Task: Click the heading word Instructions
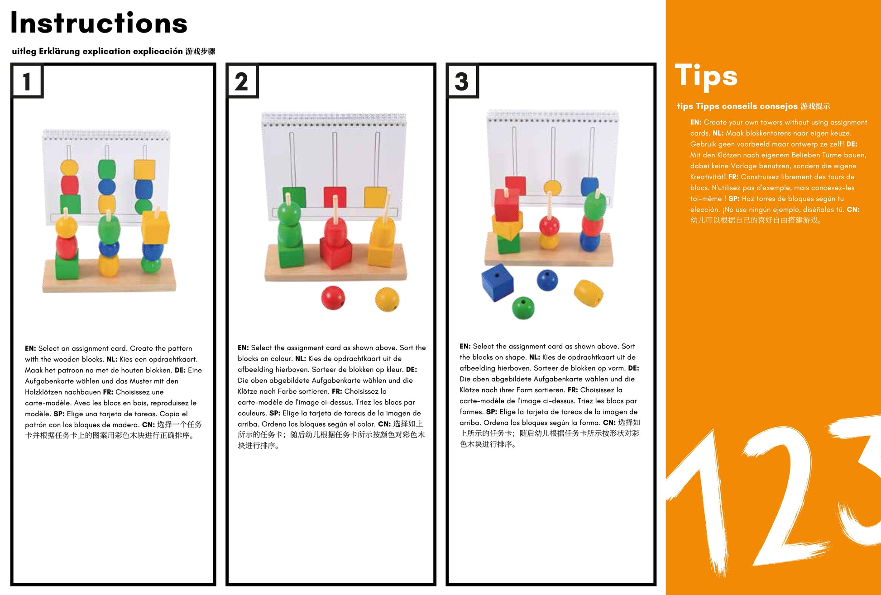click(x=99, y=23)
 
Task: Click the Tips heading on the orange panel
click(x=706, y=76)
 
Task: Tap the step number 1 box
click(x=27, y=81)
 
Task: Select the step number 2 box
click(x=242, y=81)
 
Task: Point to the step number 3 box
click(x=462, y=81)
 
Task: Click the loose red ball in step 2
click(x=333, y=298)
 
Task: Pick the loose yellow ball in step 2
click(x=387, y=300)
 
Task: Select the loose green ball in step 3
click(x=523, y=308)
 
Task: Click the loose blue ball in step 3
click(x=547, y=280)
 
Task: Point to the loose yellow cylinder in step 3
click(x=589, y=293)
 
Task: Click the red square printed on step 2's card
click(x=335, y=197)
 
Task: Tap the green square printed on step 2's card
click(x=294, y=197)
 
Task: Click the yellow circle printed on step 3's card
click(x=552, y=187)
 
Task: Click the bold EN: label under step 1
click(x=30, y=348)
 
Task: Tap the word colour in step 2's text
click(x=282, y=359)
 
